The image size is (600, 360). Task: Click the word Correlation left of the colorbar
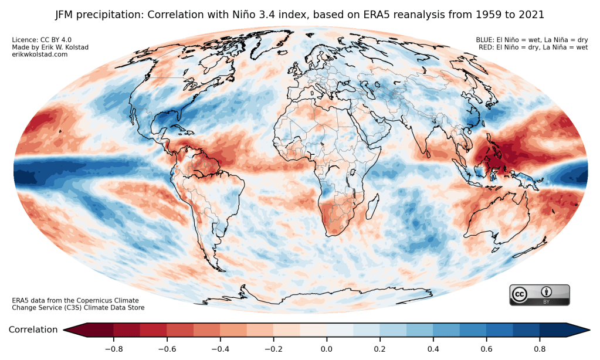[33, 330]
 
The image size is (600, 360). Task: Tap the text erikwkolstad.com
[40, 54]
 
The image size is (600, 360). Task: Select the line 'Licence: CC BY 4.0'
[39, 40]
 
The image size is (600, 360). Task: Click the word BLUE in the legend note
[485, 40]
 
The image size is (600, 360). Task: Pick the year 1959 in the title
[478, 13]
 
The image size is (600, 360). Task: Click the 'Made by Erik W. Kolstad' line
[45, 47]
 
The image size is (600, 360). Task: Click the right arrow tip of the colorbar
[588, 330]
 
